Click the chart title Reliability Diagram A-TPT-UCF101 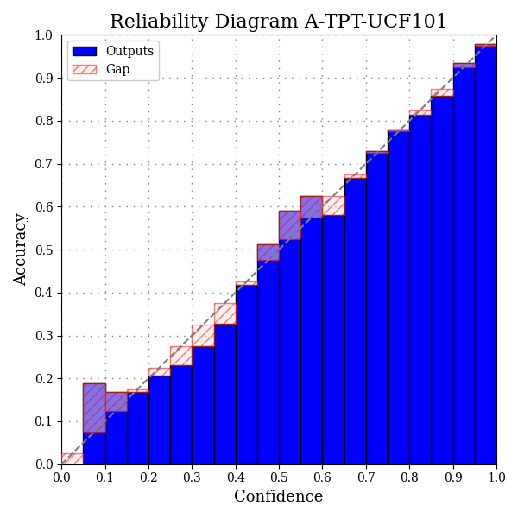pos(278,22)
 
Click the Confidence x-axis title pos(278,497)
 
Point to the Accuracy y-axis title pos(21,250)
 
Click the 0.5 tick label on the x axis pos(279,476)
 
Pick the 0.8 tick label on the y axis pos(43,121)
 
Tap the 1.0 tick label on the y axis pos(43,35)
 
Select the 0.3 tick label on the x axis pos(192,476)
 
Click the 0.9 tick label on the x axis pos(453,476)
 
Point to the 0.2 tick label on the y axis pos(43,379)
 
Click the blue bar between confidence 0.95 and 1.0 pos(485,259)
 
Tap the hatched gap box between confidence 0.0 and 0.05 pos(72,458)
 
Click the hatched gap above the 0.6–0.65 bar pos(333,205)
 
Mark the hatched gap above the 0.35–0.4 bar pos(224,313)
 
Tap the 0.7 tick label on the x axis pos(366,476)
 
